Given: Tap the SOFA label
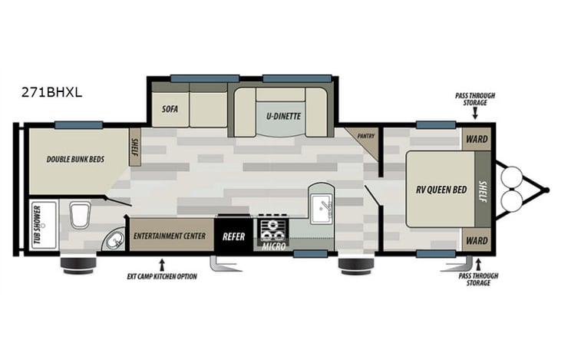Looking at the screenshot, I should tap(170, 109).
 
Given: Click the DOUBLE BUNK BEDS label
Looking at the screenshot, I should tap(74, 160).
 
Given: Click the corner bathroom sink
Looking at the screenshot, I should tap(114, 241).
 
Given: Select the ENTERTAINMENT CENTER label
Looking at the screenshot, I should tap(170, 236).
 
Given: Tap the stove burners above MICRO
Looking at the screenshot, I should tap(272, 229).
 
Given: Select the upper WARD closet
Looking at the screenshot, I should tap(477, 140).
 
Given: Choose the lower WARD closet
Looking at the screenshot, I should tap(477, 240).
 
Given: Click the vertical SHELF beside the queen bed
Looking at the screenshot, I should tap(483, 189).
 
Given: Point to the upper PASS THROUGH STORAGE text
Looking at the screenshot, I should tap(474, 99).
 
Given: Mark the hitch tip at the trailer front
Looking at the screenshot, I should tap(548, 189).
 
